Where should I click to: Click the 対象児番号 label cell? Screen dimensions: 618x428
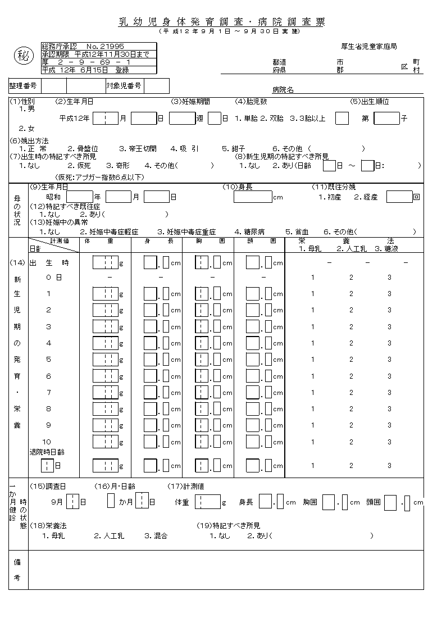click(x=124, y=86)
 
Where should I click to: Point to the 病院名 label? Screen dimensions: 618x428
click(x=283, y=90)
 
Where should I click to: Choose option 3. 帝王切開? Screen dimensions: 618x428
click(x=138, y=148)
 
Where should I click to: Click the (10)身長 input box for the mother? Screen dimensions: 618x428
click(x=252, y=197)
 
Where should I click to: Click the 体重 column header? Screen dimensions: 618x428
click(x=106, y=241)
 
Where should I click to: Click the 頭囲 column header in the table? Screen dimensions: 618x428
click(x=262, y=241)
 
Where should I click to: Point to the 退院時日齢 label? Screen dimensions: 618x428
click(x=47, y=451)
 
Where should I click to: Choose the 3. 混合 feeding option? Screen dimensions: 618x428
click(x=156, y=536)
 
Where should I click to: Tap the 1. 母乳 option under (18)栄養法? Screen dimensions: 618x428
click(x=53, y=536)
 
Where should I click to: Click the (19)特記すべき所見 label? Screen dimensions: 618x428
click(x=228, y=525)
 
